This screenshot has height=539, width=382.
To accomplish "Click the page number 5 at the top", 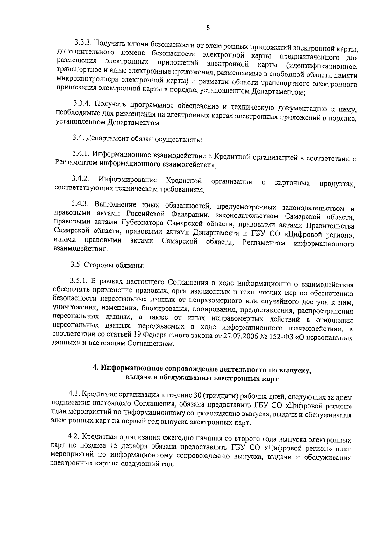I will coord(208,28).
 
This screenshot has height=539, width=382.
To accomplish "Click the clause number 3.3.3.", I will coord(84,42).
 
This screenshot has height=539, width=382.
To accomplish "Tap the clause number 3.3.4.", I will coord(82,103).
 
